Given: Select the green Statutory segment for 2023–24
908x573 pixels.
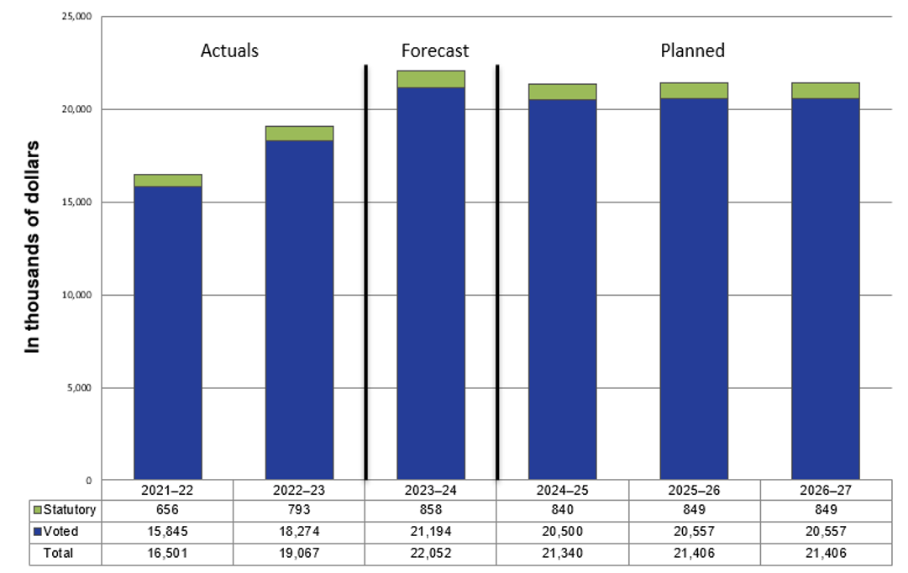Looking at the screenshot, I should pos(431,79).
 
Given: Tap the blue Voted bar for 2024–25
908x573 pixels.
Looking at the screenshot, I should pos(562,289).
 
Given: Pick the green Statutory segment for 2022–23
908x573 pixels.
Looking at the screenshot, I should pos(299,134).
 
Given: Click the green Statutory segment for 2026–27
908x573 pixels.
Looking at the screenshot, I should pos(825,91).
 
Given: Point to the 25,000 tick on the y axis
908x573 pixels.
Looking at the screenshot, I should pos(77,17).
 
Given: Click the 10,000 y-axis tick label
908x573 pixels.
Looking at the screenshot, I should pos(77,295).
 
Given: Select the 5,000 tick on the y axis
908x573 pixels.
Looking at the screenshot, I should pos(81,387).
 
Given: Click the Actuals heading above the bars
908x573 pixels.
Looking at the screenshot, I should pos(229,50).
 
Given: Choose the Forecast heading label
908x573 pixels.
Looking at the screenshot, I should pos(435,50).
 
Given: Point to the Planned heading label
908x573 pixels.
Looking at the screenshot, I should pos(693,50).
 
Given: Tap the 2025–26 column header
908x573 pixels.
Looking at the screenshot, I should pos(694,488).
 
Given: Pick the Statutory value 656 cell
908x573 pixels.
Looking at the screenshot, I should pos(168,510).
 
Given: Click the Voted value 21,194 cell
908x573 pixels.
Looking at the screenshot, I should pos(431,532).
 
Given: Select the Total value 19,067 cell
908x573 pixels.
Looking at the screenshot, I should pos(299,554).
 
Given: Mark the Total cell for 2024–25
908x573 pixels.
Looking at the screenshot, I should pos(562,554).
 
